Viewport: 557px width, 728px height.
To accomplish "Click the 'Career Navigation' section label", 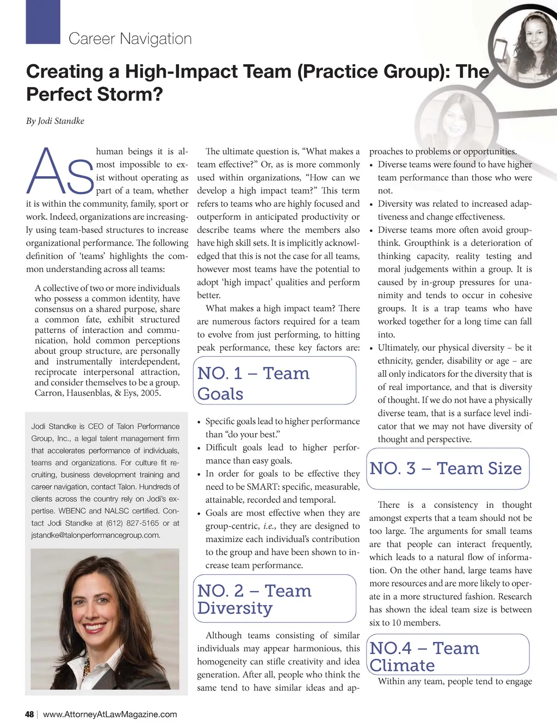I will [130, 39].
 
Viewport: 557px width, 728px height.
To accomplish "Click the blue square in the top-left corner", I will [43, 22].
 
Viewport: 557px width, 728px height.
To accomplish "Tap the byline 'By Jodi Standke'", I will [55, 121].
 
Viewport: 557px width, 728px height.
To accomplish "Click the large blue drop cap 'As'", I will [60, 171].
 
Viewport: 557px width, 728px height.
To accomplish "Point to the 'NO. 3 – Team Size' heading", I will [445, 468].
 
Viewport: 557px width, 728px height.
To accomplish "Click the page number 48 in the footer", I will [29, 714].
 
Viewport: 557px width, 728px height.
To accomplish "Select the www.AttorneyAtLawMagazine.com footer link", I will [110, 714].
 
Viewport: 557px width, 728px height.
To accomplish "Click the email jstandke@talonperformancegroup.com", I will [96, 535].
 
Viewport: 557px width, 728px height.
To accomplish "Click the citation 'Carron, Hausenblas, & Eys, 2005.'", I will [98, 393].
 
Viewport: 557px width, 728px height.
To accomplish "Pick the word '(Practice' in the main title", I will [333, 71].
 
